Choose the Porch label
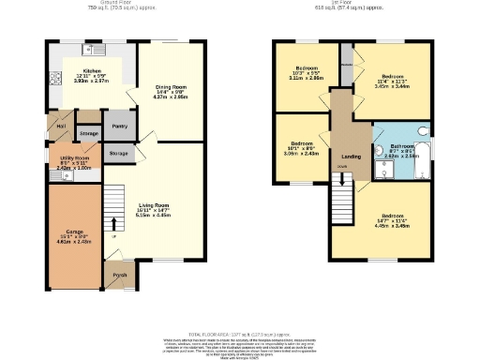(119, 276)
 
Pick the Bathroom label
(402, 146)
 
